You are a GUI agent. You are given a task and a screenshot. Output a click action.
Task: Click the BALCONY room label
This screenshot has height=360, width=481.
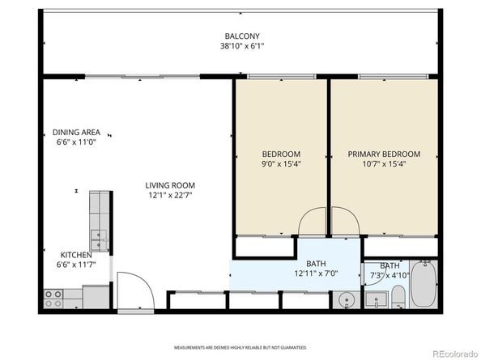(242, 36)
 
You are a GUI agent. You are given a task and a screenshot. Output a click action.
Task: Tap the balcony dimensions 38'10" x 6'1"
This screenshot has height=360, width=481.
(242, 46)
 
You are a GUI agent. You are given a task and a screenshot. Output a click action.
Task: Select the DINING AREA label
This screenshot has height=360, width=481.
(76, 133)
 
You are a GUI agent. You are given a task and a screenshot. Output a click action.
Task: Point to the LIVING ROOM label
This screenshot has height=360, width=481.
(170, 185)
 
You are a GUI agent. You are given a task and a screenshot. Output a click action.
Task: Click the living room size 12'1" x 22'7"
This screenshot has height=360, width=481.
(170, 195)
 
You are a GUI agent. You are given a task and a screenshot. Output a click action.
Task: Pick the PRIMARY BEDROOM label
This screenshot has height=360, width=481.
(384, 154)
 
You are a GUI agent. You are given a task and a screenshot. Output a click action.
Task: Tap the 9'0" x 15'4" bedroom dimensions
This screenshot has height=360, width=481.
(281, 164)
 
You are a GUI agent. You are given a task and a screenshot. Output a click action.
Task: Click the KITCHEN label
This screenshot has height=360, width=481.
(76, 255)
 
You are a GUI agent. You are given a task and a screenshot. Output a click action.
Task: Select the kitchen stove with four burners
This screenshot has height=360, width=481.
(53, 299)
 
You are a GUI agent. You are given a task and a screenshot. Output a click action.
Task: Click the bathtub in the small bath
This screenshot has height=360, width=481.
(424, 285)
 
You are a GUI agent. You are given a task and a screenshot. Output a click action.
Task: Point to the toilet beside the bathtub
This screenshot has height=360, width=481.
(398, 297)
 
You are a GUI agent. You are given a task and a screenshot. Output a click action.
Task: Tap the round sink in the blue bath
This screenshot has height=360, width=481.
(347, 299)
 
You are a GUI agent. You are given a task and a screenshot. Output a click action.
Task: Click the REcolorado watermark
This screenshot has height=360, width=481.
(455, 354)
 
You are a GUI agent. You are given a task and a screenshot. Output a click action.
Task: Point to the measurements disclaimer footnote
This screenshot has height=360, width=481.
(240, 348)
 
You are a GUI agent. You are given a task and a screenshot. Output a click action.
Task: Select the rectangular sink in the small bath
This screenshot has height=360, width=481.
(377, 300)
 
